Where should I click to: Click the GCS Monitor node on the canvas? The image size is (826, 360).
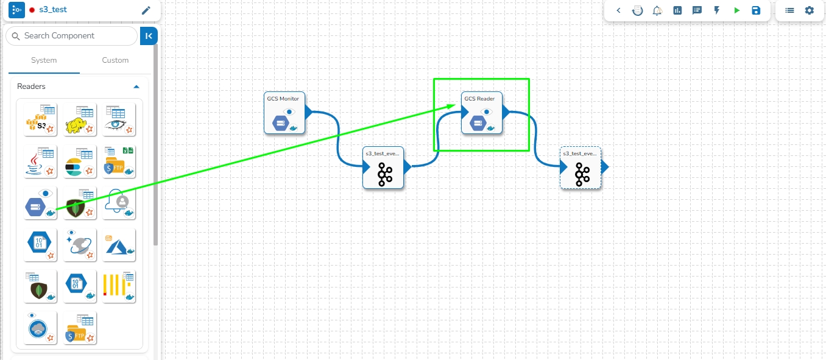coord(284,113)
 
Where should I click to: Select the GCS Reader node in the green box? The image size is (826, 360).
coord(481,113)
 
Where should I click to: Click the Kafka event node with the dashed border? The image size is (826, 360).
coord(581,168)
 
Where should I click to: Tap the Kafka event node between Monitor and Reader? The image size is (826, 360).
coord(383,168)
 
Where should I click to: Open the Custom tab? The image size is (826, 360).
coord(115,60)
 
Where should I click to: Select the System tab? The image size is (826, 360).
coord(44,60)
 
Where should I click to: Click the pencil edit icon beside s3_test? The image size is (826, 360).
coord(146,10)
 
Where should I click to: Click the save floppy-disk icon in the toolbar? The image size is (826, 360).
coord(756,10)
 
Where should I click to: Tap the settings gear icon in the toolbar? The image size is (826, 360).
coord(809,10)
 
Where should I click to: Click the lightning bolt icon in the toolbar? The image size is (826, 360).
coord(717,10)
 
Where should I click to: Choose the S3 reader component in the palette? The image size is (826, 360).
coord(40,119)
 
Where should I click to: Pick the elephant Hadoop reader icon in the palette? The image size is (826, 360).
coord(80,119)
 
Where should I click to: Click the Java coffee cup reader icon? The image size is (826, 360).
coord(40,161)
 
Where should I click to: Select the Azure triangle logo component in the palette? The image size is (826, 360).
coord(119,244)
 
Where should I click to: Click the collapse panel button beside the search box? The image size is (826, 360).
coord(149,36)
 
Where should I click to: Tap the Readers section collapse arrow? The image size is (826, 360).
coord(136,86)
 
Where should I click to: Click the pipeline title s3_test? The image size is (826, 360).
coord(53,10)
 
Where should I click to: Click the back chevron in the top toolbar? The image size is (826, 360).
coord(619,10)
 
